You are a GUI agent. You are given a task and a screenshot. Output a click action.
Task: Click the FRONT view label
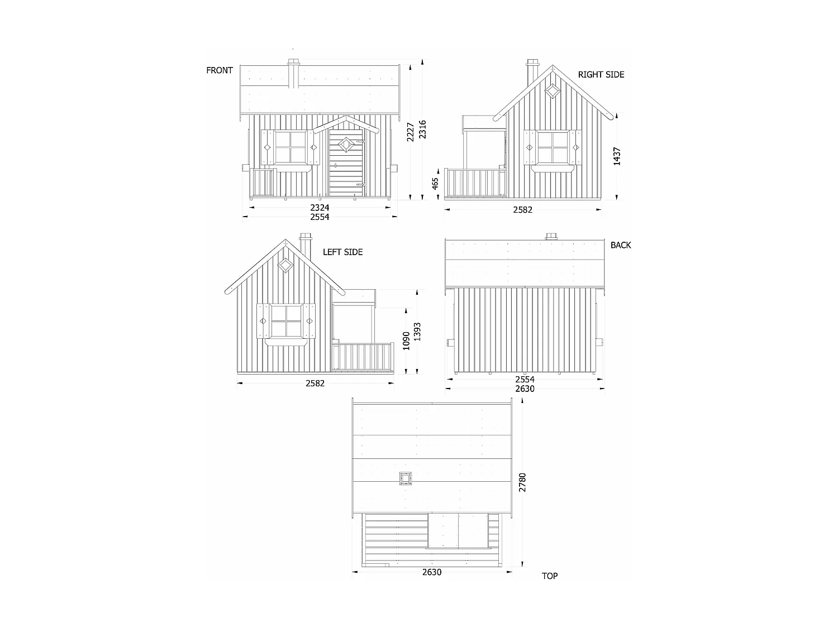click(x=220, y=70)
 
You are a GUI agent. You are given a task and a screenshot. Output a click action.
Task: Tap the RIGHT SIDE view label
click(x=601, y=75)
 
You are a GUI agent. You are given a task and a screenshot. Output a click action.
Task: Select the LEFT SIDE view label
click(x=342, y=252)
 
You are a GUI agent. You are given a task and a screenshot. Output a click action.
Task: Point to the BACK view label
click(x=621, y=245)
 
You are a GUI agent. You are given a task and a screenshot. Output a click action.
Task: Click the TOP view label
click(x=549, y=576)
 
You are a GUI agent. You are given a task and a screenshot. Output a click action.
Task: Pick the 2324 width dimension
click(x=320, y=208)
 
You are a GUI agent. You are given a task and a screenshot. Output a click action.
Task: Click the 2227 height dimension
click(x=411, y=132)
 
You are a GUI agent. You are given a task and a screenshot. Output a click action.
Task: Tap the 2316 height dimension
click(x=422, y=130)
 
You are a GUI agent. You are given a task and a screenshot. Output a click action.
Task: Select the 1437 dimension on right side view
click(x=617, y=156)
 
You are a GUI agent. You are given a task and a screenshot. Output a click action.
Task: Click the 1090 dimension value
click(x=406, y=341)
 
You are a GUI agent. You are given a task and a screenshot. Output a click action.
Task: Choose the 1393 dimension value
click(x=417, y=332)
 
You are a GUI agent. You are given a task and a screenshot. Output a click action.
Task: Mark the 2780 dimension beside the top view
click(x=522, y=483)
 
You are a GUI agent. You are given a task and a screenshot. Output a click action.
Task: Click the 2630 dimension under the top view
click(x=432, y=572)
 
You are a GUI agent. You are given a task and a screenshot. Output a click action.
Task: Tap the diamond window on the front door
click(x=345, y=144)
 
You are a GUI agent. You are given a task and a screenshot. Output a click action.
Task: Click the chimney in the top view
click(x=405, y=479)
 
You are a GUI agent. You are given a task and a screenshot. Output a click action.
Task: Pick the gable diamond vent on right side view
click(x=552, y=90)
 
